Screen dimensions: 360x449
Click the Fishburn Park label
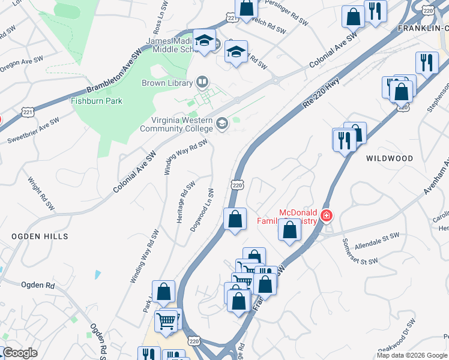[x=97, y=101]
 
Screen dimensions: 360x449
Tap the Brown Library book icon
[x=202, y=83]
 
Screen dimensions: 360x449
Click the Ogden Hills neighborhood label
[x=40, y=236]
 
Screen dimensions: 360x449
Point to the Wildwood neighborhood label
[x=390, y=158]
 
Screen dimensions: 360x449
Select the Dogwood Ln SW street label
[x=202, y=211]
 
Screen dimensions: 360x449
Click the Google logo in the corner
[x=19, y=353]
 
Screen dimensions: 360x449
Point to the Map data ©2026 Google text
[x=412, y=356]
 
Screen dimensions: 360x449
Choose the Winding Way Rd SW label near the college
[x=185, y=157]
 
